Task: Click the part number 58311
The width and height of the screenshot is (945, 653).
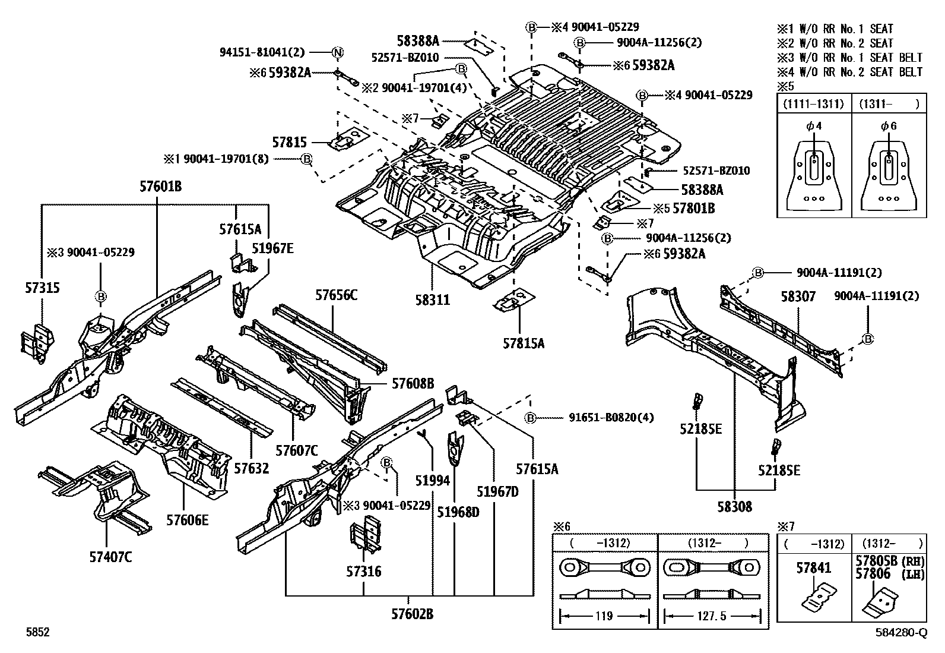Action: [x=432, y=300]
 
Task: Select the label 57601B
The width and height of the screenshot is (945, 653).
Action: [x=160, y=186]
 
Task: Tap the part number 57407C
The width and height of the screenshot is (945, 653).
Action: [x=110, y=557]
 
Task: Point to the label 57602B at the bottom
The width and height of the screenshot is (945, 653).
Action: [x=408, y=614]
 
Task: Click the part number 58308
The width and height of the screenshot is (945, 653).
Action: [x=734, y=506]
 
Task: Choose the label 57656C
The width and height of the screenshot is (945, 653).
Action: [x=336, y=295]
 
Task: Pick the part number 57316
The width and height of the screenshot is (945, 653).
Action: [x=364, y=572]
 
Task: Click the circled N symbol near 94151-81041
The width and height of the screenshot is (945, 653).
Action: [x=337, y=52]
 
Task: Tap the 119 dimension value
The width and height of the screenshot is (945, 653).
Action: [x=604, y=616]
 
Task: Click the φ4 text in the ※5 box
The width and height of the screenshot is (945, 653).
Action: [x=814, y=126]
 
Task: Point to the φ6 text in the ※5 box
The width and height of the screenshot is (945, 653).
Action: [x=889, y=126]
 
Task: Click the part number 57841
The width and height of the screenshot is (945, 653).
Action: [x=813, y=568]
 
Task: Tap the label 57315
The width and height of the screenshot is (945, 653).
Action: [x=42, y=287]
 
